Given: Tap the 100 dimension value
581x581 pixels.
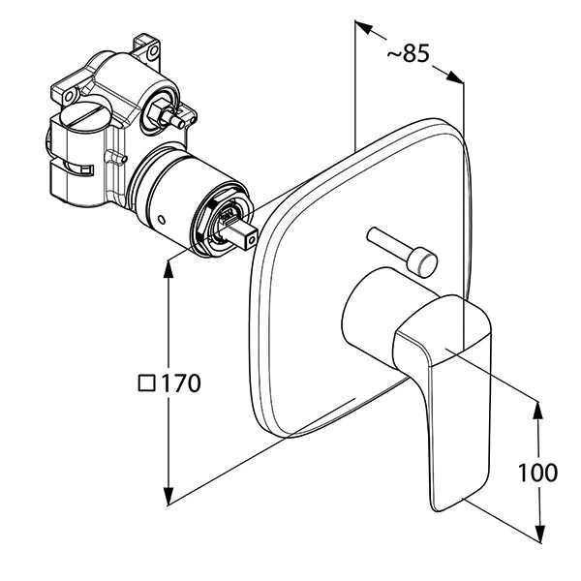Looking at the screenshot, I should (x=538, y=473).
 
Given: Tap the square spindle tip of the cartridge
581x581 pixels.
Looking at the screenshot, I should (x=245, y=232).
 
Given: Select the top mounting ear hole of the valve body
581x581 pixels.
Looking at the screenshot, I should (x=150, y=44).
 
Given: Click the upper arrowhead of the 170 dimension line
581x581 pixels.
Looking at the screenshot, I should (x=169, y=268).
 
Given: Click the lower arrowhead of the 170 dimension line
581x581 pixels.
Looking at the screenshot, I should (x=169, y=496).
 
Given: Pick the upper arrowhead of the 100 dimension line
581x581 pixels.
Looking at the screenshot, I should (x=538, y=407).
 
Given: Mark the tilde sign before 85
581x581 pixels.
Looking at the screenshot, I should (x=392, y=56).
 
